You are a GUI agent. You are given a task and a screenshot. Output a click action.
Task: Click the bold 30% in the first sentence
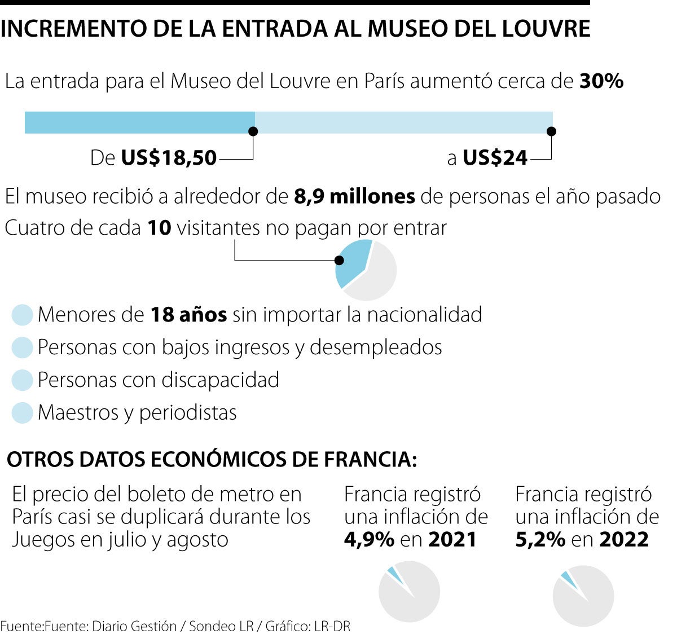tap(601, 82)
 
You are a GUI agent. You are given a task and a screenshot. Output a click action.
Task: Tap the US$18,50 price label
tap(169, 158)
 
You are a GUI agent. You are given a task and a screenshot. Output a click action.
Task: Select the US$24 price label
tap(495, 158)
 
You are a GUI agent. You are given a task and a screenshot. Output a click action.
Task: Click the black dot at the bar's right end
tap(552, 131)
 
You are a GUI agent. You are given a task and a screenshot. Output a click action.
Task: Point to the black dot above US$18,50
tap(253, 131)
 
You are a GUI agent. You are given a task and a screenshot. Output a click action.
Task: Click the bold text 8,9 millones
tap(354, 196)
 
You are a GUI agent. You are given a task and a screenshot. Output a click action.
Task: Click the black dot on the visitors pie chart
tap(339, 261)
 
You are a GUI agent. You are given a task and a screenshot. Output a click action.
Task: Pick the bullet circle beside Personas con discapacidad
tap(23, 380)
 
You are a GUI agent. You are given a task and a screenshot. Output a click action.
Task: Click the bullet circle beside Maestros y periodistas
tap(23, 413)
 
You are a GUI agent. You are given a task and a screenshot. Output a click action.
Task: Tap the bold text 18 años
tap(188, 315)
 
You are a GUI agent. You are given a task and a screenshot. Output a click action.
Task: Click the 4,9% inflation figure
tap(369, 540)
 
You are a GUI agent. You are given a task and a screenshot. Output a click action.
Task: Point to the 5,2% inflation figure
tap(540, 540)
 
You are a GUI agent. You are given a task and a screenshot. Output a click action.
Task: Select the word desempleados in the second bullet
tap(376, 347)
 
